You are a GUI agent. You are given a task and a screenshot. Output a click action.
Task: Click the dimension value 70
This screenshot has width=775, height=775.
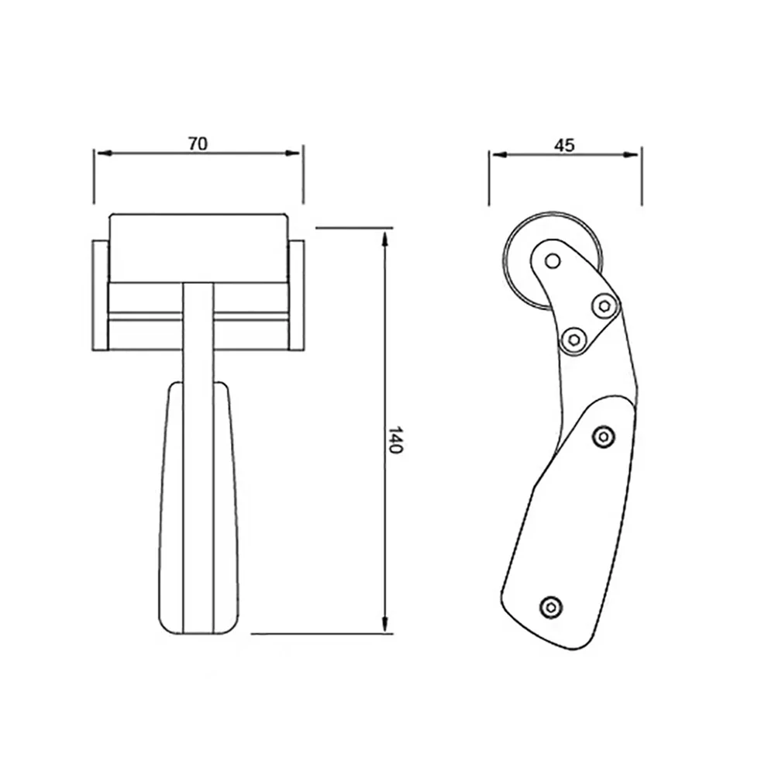(x=198, y=143)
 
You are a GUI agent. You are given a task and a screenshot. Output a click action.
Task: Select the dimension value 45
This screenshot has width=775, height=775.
(x=564, y=145)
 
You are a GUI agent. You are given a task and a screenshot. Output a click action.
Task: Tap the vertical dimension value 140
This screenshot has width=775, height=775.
(x=395, y=439)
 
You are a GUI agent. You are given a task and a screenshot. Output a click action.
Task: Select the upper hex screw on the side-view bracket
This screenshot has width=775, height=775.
(x=604, y=306)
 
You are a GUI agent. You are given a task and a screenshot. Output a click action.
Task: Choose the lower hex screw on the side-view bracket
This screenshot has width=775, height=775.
(x=573, y=338)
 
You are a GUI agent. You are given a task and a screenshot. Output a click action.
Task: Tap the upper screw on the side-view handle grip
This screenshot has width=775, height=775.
(x=604, y=438)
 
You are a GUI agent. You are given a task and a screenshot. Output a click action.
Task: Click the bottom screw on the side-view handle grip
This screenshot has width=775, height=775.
(x=551, y=606)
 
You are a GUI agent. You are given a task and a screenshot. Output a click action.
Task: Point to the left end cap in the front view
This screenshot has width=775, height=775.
(x=100, y=294)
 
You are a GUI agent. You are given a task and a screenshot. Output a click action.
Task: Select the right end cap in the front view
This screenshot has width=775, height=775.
(x=296, y=294)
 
